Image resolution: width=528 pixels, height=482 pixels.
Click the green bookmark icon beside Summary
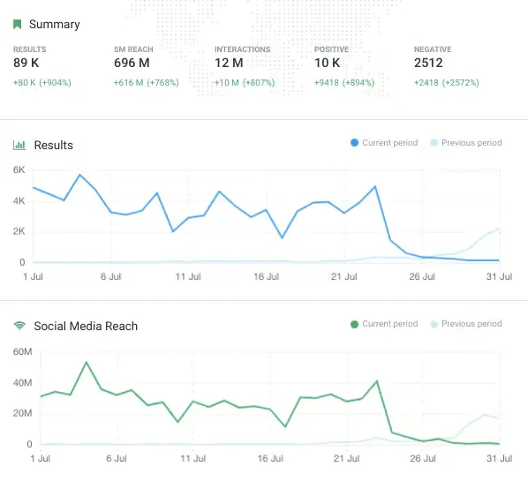point(17,25)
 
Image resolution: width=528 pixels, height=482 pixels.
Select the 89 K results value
point(26,64)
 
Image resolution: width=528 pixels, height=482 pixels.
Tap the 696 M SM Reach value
point(132,64)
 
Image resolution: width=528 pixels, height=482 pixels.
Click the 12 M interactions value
point(230,64)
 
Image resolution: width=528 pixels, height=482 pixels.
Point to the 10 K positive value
point(328,64)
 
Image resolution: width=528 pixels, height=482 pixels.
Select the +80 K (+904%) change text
point(42,83)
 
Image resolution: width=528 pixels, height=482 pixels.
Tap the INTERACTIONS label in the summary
point(242,49)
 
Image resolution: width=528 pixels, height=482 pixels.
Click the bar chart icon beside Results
point(18,145)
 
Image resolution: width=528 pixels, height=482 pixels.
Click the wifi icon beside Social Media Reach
point(18,326)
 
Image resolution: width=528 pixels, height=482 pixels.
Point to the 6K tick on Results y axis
point(18,169)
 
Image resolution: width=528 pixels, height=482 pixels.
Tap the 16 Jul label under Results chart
point(266,276)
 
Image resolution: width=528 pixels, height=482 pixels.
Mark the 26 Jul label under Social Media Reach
point(422,458)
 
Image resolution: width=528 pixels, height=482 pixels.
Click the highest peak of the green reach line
point(87,362)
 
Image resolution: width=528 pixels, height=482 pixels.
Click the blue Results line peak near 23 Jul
point(375,186)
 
